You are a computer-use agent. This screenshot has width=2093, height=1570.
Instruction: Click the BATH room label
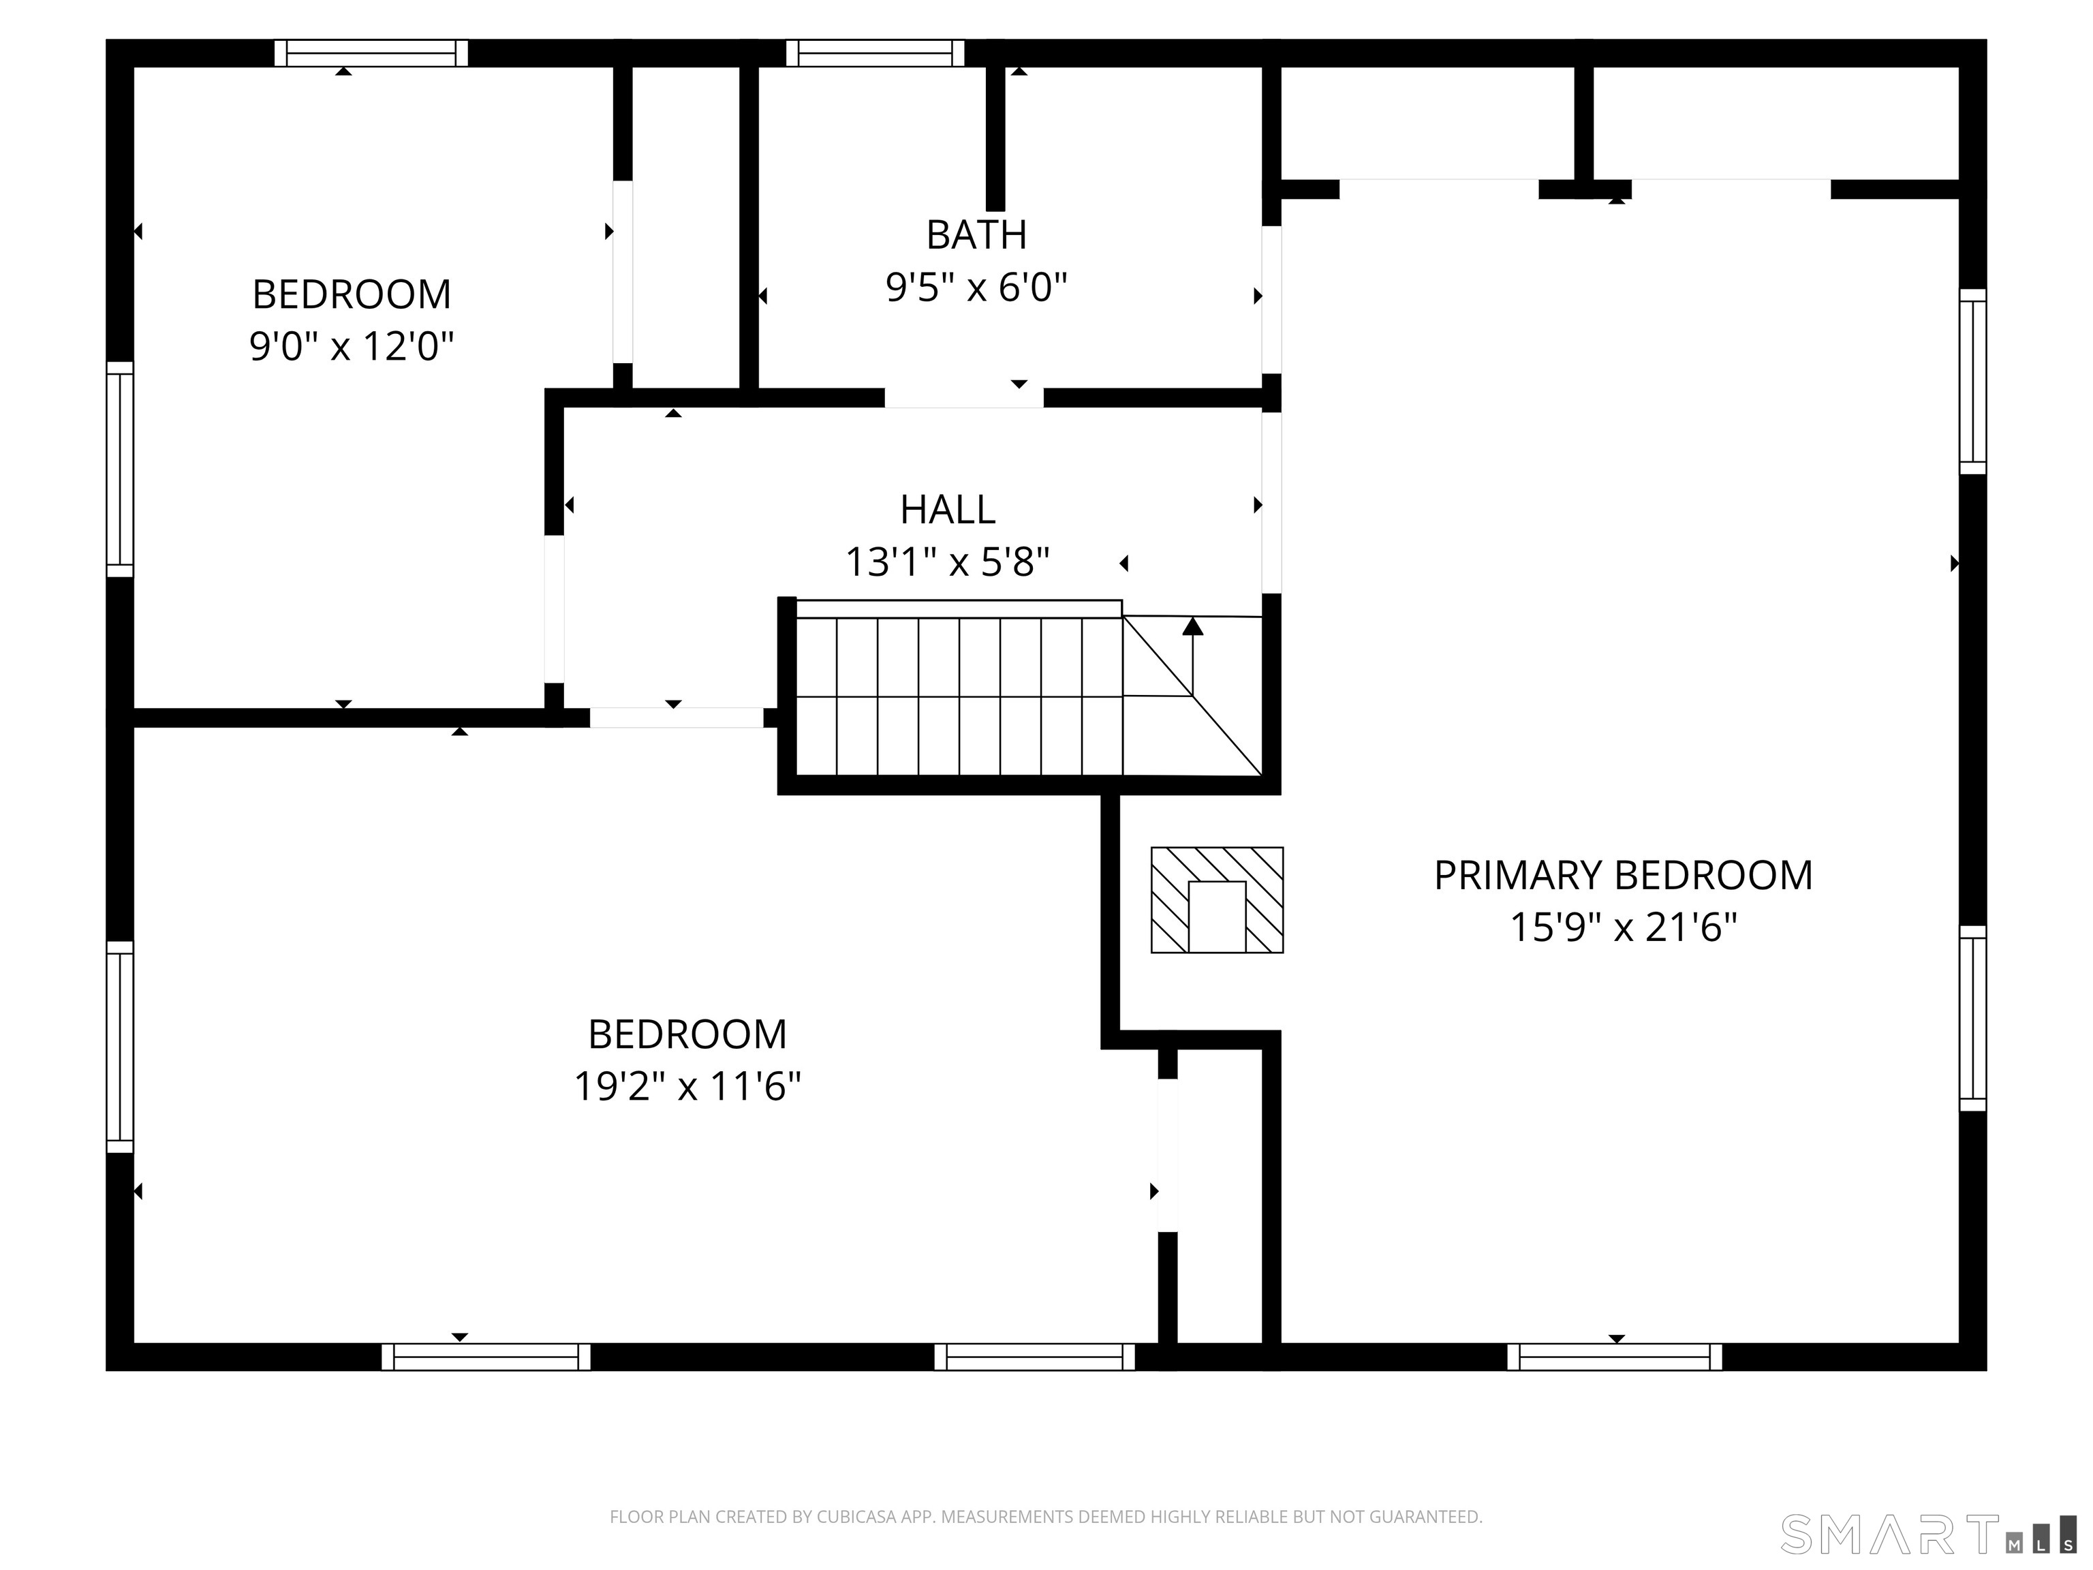tap(976, 234)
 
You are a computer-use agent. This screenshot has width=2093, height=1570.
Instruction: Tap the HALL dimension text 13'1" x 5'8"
tap(947, 562)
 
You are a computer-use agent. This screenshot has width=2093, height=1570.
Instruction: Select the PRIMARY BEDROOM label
tap(1623, 876)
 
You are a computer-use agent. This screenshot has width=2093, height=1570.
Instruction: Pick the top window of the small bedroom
tap(371, 53)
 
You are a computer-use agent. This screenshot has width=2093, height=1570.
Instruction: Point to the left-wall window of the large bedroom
tap(119, 1047)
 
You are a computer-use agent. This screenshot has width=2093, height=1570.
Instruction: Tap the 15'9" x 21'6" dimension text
tap(1623, 927)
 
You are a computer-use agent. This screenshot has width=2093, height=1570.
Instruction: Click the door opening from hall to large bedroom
tap(676, 718)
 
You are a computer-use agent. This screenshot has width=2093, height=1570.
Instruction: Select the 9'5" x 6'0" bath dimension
tap(976, 287)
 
